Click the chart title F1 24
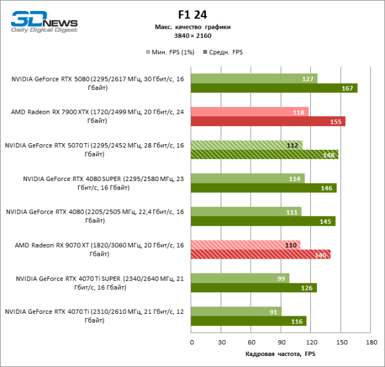point(192,14)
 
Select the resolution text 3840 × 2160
point(192,35)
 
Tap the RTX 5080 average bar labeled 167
point(273,88)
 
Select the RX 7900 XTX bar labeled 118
point(249,112)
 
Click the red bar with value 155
point(267,122)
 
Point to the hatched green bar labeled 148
point(264,155)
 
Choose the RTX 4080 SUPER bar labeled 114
point(247,178)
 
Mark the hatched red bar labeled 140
point(261,254)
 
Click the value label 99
point(281,278)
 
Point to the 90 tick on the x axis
point(281,342)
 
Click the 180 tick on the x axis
point(370,342)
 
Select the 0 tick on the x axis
point(191,342)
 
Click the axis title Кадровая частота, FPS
point(280,354)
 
